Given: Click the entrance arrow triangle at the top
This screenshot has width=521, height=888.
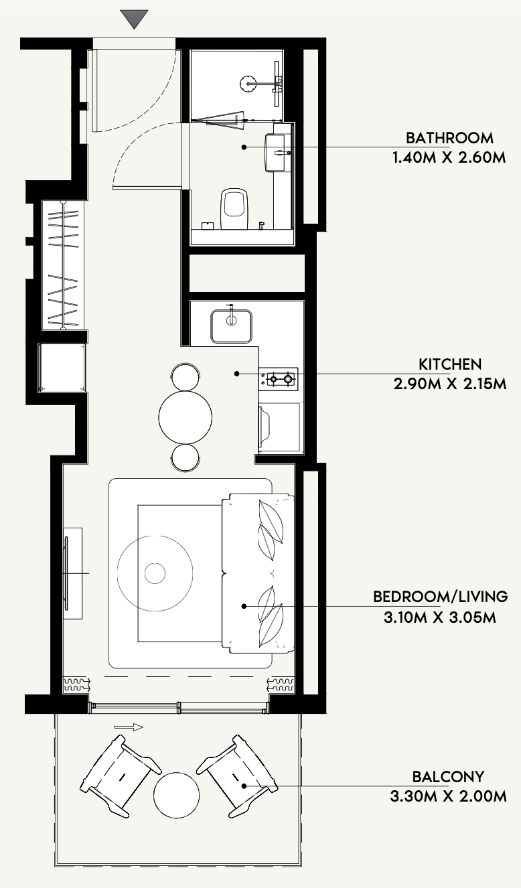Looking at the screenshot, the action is point(135,19).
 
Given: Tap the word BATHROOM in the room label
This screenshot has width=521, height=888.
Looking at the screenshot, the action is point(449,138).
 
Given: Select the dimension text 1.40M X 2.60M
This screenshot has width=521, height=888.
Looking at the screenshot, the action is point(449,158).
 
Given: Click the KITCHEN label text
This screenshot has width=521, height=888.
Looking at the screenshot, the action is point(450,364).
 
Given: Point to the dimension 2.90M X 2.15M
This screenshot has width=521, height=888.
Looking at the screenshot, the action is point(450,384).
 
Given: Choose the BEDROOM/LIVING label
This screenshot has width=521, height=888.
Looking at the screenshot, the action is point(441,597).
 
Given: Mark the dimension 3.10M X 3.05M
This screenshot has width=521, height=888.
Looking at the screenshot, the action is point(440,617).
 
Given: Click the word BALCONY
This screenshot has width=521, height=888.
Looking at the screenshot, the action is point(449,777).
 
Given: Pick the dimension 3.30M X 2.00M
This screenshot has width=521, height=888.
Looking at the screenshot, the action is point(449,796).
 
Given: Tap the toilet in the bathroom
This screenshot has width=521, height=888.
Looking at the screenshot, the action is point(234,209).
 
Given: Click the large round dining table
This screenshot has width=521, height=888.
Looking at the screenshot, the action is point(185,417).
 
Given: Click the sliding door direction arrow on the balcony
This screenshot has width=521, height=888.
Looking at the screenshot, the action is point(129,727).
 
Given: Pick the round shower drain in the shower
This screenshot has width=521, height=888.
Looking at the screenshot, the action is point(248,83).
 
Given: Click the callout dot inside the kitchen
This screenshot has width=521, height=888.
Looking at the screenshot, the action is point(236,374).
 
